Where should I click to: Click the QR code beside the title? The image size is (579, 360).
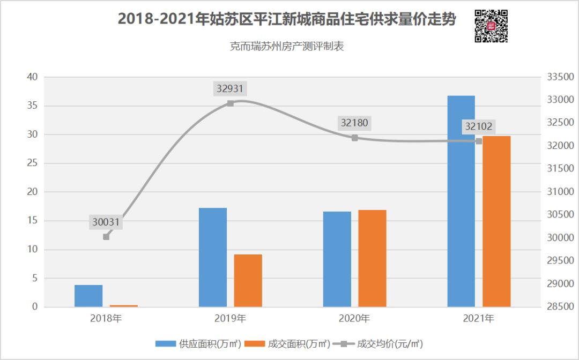pyautogui.click(x=491, y=26)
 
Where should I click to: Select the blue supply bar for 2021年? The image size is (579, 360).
pyautogui.click(x=461, y=201)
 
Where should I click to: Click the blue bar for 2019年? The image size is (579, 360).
pyautogui.click(x=213, y=257)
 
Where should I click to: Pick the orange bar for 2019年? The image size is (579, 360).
pyautogui.click(x=248, y=280)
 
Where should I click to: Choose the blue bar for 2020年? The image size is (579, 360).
pyautogui.click(x=337, y=259)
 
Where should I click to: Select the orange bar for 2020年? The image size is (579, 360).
pyautogui.click(x=372, y=258)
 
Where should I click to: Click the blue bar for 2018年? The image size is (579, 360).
pyautogui.click(x=88, y=296)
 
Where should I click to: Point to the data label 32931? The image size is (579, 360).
pyautogui.click(x=231, y=88)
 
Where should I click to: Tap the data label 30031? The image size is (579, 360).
pyautogui.click(x=106, y=222)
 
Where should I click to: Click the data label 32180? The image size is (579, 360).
pyautogui.click(x=354, y=123)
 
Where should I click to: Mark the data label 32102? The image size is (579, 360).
pyautogui.click(x=479, y=127)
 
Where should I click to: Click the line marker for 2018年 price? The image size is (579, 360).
pyautogui.click(x=106, y=237)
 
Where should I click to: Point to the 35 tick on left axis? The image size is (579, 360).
pyautogui.click(x=32, y=106)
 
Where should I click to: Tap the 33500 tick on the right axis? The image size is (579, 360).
pyautogui.click(x=560, y=77)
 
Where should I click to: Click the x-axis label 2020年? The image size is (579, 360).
pyautogui.click(x=354, y=318)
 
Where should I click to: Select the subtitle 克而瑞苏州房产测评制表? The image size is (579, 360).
pyautogui.click(x=287, y=47)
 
